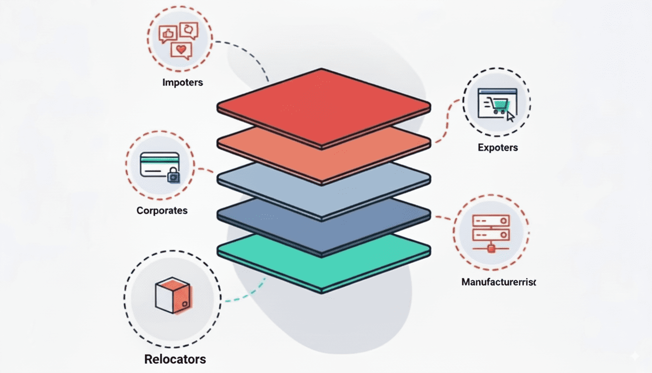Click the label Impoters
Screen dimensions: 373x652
click(182, 82)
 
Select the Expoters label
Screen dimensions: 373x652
click(497, 147)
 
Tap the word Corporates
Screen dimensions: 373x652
click(162, 211)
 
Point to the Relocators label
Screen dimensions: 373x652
click(175, 359)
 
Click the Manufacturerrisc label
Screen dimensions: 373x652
click(499, 282)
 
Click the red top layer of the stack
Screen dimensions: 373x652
click(324, 104)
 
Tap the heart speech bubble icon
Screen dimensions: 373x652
click(181, 50)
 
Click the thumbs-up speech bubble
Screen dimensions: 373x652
click(167, 34)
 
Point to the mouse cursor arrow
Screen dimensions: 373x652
click(510, 116)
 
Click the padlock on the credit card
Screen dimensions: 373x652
click(173, 176)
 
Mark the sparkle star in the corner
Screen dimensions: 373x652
click(635, 356)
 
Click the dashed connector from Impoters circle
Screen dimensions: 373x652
click(247, 53)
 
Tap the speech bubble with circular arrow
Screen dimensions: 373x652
click(188, 30)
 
